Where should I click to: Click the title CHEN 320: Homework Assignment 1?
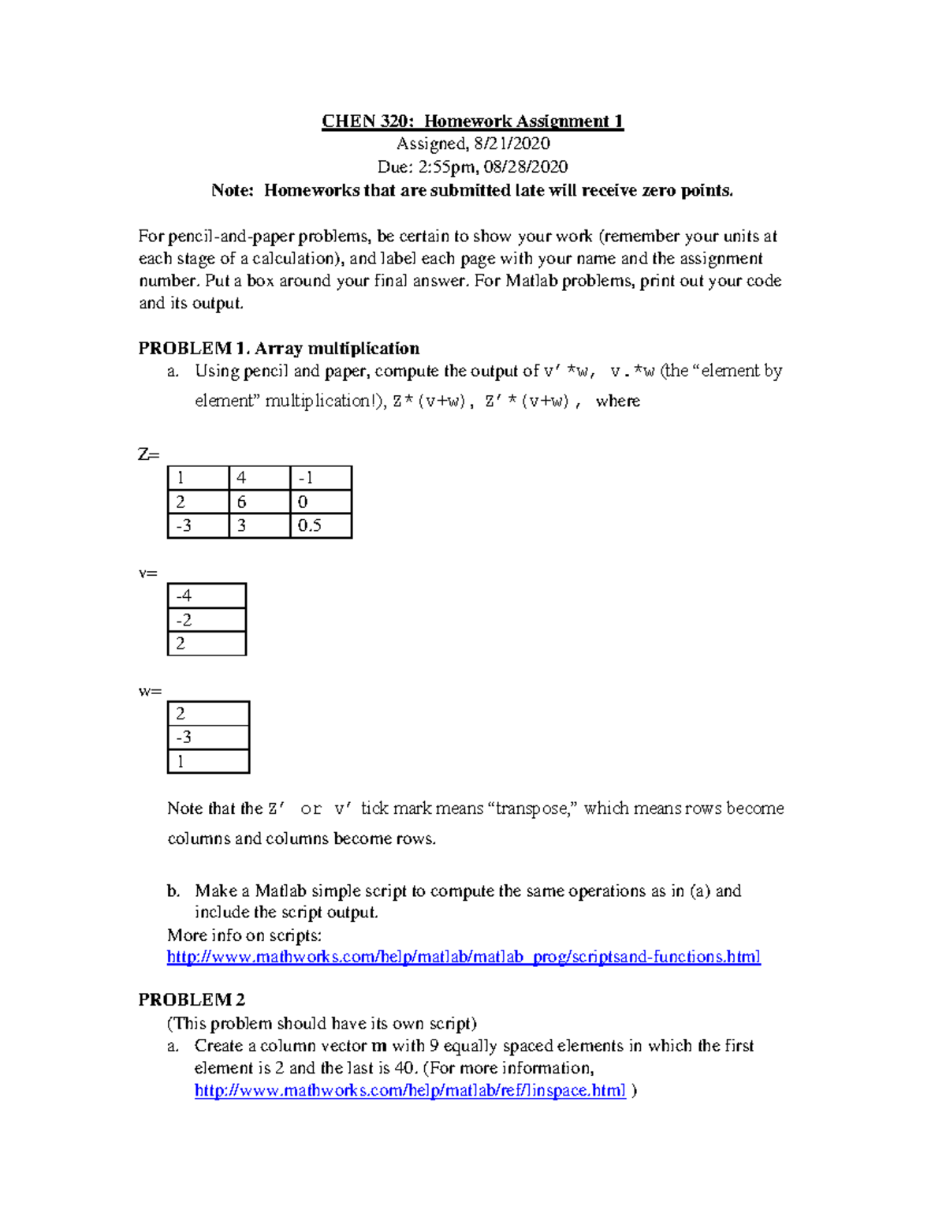(472, 121)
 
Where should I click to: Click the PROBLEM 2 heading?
(192, 999)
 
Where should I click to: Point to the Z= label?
(148, 455)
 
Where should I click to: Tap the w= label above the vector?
(150, 692)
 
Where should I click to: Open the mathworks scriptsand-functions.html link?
(464, 957)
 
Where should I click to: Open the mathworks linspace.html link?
(410, 1091)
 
